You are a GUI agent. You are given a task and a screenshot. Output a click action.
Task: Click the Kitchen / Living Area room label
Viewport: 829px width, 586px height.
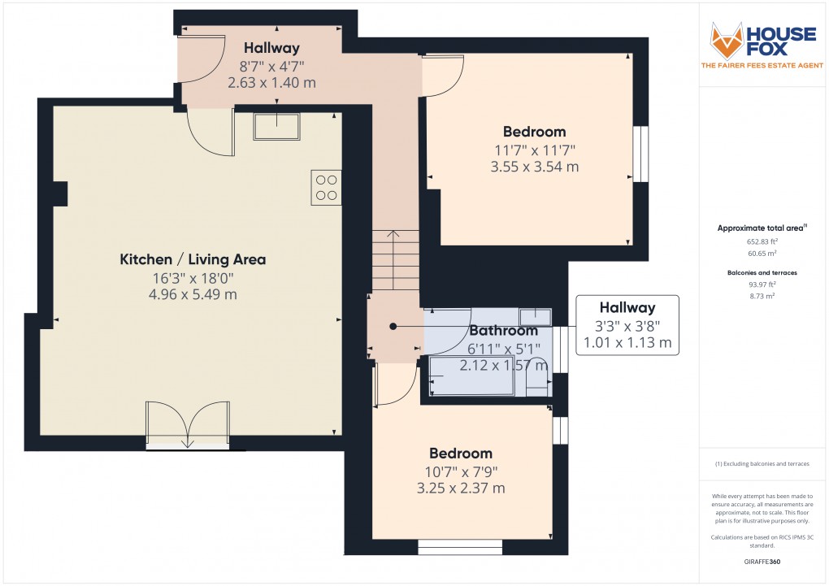[x=193, y=259]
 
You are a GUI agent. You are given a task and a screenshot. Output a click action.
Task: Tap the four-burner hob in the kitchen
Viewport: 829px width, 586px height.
[x=326, y=188]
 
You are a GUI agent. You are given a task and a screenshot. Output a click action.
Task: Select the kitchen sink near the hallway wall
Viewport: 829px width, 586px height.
[x=276, y=127]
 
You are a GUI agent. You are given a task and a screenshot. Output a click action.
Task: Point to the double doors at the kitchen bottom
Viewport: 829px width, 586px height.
[x=188, y=425]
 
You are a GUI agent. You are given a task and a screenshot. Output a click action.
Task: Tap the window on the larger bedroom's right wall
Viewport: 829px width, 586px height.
[x=641, y=154]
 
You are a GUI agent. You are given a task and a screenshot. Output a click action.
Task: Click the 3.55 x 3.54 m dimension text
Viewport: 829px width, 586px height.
[x=534, y=167]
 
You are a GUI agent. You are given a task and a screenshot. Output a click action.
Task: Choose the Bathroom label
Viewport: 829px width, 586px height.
[x=503, y=331]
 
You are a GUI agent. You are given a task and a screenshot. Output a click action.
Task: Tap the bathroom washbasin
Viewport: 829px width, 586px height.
[x=535, y=316]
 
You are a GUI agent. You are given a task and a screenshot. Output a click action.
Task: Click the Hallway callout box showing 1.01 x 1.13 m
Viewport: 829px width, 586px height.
[x=627, y=325]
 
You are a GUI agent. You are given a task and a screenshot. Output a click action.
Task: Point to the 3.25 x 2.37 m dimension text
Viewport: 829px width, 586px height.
[x=461, y=488]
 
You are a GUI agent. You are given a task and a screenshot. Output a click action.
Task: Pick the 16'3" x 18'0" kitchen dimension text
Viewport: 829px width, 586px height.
[x=193, y=277]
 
